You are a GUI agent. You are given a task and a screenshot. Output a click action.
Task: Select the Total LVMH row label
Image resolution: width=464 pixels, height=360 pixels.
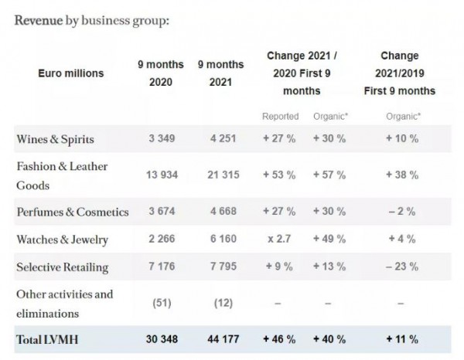click(x=48, y=340)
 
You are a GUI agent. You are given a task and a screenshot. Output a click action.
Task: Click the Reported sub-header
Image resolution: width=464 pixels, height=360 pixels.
click(x=279, y=116)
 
